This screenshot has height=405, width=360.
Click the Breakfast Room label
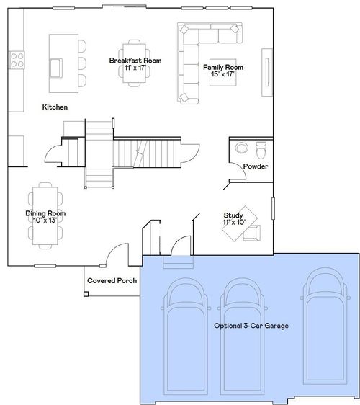pos(135,61)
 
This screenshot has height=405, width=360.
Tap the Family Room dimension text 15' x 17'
pos(222,74)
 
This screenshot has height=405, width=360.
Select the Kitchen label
pos(55,107)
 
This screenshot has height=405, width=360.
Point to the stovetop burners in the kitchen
pos(17,60)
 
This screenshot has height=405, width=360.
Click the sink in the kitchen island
pos(55,68)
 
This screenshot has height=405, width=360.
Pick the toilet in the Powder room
pos(261,150)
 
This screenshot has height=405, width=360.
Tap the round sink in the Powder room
pos(241,148)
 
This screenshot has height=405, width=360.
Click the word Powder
pos(256,166)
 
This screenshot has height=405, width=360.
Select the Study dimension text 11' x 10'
pos(234,222)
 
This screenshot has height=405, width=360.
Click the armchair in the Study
pos(252,233)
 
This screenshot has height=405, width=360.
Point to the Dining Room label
pos(45,213)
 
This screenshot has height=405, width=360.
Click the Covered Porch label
pos(112,281)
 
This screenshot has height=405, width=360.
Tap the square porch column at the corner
pos(86,294)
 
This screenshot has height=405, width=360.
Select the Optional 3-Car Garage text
pos(251,326)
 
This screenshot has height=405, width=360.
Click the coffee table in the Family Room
pos(223,72)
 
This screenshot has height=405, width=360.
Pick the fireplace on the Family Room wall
pos(267,72)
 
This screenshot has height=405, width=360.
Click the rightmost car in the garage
pos(325,326)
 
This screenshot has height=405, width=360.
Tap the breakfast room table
pos(134,63)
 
